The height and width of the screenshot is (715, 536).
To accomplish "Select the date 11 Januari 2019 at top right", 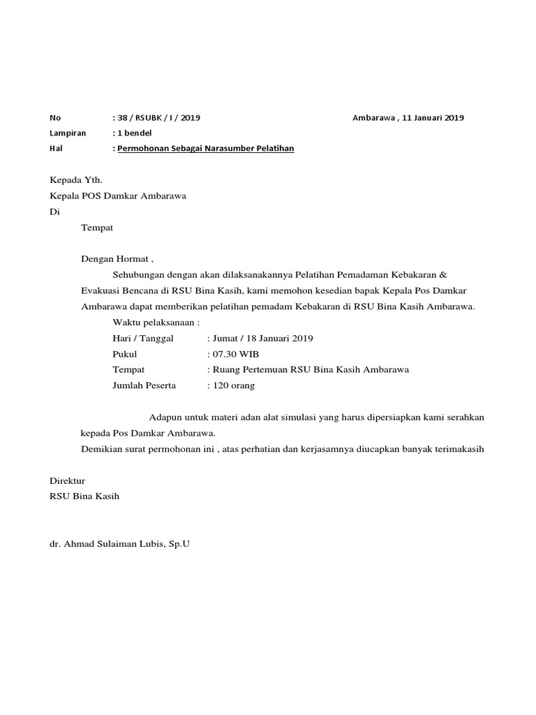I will pos(426,117).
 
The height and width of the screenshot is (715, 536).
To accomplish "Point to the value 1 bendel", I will pos(134,133).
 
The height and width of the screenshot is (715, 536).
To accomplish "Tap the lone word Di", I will pos(54,212).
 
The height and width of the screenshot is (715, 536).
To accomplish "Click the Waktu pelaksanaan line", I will pos(156,323).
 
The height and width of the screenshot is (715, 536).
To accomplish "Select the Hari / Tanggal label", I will pos(142,338).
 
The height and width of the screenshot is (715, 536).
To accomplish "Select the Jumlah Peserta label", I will pos(144,385).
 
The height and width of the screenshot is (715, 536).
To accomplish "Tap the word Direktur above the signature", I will pos(67,481).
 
